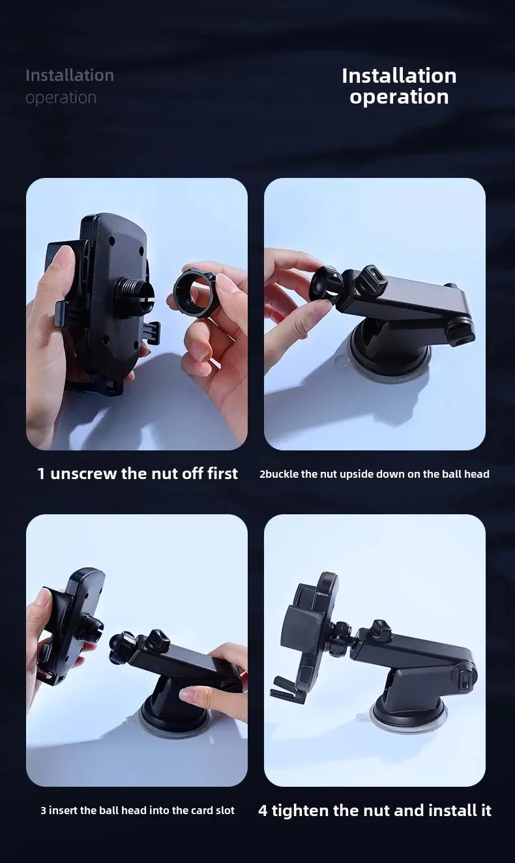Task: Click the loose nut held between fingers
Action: (194, 293)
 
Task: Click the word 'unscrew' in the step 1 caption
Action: (83, 474)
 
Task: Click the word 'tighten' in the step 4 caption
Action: (301, 811)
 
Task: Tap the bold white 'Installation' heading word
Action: (399, 76)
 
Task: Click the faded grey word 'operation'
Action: (61, 98)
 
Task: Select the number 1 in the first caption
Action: (41, 474)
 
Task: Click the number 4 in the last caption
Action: (263, 811)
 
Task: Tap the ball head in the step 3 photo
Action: (122, 648)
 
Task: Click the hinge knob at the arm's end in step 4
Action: (465, 678)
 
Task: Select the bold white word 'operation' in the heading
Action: (399, 97)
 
